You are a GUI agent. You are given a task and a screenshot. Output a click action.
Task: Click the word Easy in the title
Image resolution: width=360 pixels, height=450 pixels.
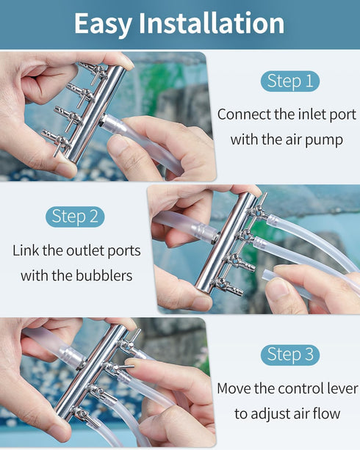pyautogui.click(x=102, y=24)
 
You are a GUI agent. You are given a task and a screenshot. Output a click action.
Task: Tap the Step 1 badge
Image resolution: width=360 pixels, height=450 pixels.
pyautogui.click(x=290, y=81)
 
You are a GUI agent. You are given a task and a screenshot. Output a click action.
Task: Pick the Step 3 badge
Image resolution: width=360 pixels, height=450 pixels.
pyautogui.click(x=290, y=355)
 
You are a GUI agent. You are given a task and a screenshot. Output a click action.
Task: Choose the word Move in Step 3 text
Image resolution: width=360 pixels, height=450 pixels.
pyautogui.click(x=235, y=388)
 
